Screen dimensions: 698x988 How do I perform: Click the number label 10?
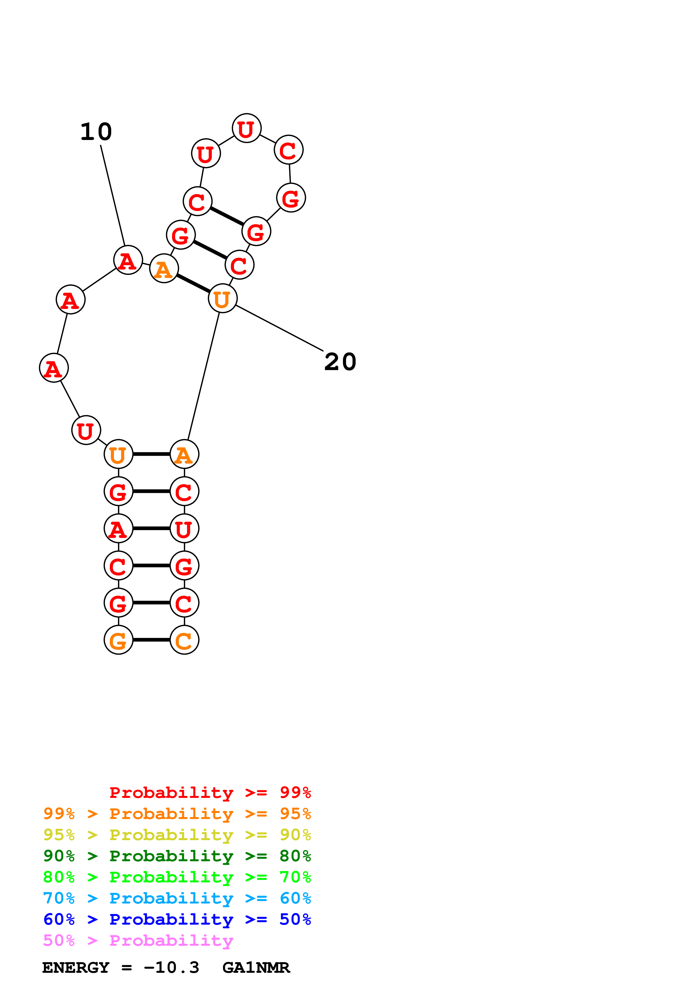tap(96, 132)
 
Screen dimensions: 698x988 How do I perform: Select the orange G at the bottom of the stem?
tap(118, 640)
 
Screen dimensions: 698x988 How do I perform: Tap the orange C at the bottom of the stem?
tap(184, 640)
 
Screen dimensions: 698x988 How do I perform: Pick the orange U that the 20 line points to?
tap(222, 299)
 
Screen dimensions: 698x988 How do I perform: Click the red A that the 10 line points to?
tap(128, 260)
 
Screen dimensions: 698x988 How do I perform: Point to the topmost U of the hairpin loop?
tap(246, 128)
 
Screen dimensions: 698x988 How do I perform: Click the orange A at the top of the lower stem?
tap(184, 454)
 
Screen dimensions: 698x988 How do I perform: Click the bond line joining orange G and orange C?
tap(151, 640)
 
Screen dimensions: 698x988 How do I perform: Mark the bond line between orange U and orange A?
tap(151, 454)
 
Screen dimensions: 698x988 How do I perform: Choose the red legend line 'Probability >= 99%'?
tap(210, 793)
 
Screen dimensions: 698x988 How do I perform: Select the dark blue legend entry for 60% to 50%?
tap(177, 919)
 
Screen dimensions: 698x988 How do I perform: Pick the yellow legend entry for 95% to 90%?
tap(177, 835)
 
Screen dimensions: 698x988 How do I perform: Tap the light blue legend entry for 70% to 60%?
tap(177, 898)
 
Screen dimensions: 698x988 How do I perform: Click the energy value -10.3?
tap(171, 968)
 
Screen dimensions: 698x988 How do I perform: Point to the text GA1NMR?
tap(256, 968)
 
